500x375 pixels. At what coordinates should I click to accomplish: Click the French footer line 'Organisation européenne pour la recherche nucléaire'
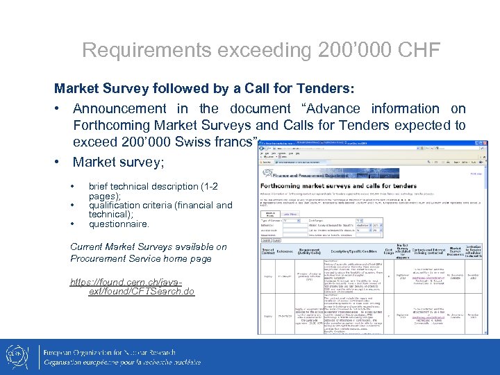[x=129, y=362]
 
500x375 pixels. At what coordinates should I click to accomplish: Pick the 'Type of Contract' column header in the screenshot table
[x=267, y=251]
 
